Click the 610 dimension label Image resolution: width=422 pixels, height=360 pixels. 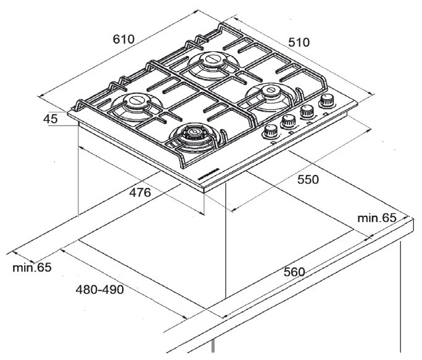tap(123, 39)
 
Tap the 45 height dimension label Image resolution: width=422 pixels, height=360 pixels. tap(51, 119)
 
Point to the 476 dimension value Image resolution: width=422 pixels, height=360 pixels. tap(140, 193)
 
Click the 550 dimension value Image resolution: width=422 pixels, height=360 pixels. tap(307, 179)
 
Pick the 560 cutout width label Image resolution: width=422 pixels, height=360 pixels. tap(295, 272)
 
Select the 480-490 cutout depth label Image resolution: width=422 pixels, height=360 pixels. tap(99, 290)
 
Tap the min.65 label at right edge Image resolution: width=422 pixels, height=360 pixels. tap(376, 217)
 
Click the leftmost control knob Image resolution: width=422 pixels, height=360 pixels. tap(271, 131)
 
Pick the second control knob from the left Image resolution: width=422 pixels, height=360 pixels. tap(288, 122)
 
